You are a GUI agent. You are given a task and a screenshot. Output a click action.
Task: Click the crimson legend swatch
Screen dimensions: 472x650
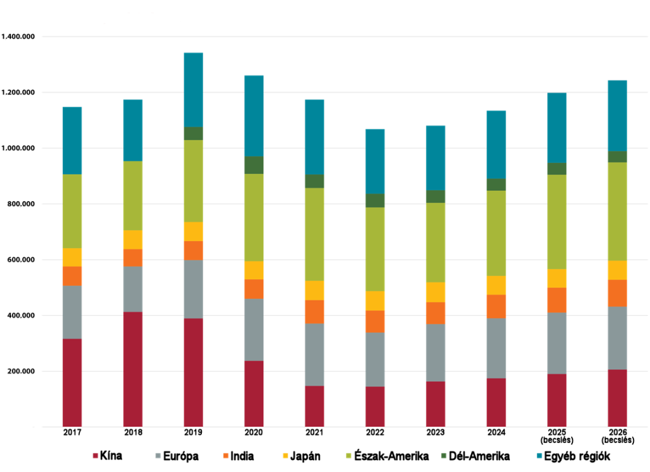(96, 456)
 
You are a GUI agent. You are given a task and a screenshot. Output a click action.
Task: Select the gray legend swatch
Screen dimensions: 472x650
(158, 456)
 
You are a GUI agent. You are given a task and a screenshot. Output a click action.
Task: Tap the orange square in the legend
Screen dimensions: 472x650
(226, 456)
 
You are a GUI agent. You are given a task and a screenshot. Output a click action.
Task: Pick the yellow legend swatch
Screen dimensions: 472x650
(285, 456)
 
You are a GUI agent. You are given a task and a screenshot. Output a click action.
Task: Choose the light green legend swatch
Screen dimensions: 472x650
(348, 456)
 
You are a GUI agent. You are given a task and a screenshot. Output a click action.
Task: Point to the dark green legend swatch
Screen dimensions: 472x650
(444, 456)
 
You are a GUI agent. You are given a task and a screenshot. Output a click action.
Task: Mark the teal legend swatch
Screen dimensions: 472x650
(540, 456)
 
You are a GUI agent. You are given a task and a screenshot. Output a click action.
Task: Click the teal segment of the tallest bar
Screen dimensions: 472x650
(194, 89)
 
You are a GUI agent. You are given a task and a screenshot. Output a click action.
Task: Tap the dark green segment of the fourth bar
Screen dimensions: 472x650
(254, 165)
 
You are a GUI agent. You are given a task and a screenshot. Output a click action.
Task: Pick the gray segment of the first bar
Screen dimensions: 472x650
(72, 312)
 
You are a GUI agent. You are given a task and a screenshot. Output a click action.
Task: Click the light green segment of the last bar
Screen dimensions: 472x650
(617, 211)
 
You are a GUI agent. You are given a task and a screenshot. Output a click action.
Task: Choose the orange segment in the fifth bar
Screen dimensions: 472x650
(314, 311)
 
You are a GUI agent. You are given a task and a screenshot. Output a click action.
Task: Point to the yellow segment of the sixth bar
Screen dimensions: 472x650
(375, 301)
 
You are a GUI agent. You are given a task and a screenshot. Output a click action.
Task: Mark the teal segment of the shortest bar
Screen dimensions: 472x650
(375, 161)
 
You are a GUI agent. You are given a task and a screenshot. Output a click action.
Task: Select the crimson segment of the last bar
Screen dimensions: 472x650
(617, 398)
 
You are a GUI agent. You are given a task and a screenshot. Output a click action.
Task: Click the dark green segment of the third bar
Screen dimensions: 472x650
(194, 133)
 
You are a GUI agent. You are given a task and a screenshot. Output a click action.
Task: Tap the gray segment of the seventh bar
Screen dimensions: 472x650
(435, 353)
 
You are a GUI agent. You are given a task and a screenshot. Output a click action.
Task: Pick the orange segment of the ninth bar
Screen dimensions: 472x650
(557, 300)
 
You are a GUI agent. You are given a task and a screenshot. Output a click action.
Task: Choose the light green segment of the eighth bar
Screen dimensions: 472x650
(496, 233)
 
